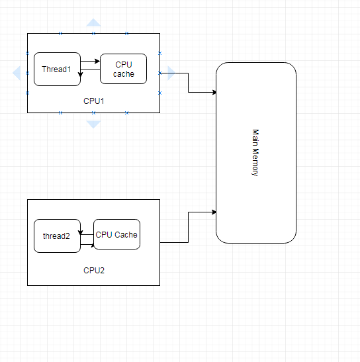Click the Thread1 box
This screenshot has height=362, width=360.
click(x=57, y=69)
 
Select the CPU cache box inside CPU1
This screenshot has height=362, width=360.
click(x=123, y=69)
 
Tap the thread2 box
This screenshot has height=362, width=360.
click(x=57, y=236)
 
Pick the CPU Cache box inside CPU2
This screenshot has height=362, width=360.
click(x=116, y=234)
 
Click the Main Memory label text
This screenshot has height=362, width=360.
click(x=255, y=153)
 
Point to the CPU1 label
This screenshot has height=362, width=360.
click(x=94, y=101)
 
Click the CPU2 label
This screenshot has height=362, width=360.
click(x=94, y=271)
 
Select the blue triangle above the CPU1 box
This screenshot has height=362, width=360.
click(x=93, y=23)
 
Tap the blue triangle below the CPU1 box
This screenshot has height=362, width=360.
click(x=93, y=124)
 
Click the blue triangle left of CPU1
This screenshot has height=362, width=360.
click(x=17, y=73)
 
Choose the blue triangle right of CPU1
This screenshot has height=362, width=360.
click(x=171, y=73)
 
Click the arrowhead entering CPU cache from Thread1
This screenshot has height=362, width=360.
click(x=97, y=61)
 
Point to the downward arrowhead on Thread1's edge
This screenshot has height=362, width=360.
click(x=80, y=75)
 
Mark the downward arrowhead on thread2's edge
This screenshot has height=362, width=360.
click(x=80, y=232)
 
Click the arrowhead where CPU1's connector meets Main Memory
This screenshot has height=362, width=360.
click(x=214, y=93)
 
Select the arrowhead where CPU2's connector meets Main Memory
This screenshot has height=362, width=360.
click(x=214, y=212)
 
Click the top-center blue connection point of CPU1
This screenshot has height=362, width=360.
click(x=93, y=34)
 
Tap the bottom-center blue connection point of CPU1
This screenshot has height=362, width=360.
click(x=93, y=113)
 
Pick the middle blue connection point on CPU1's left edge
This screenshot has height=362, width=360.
click(x=28, y=73)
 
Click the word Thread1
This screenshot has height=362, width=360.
click(x=56, y=69)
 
